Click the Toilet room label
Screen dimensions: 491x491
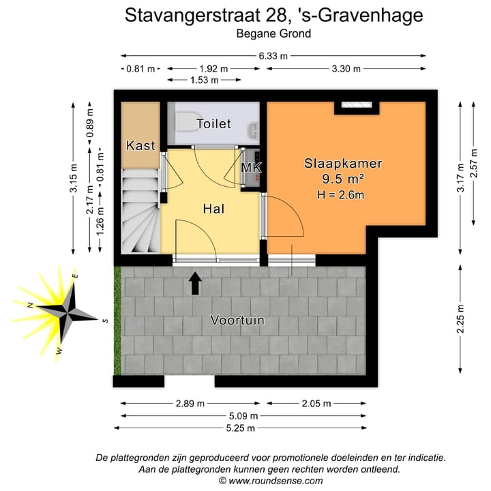214,124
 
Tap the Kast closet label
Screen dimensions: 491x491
140,145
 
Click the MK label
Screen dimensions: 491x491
252,168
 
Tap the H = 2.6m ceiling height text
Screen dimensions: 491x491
340,195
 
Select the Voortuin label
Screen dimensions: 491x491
237,320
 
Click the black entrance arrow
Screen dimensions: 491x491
196,282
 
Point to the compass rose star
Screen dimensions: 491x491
67,313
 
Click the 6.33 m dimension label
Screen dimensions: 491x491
272,56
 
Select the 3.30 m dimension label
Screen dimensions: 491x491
346,69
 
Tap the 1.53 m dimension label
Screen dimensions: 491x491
204,80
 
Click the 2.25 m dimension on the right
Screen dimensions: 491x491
461,322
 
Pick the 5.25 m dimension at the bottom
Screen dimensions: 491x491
241,428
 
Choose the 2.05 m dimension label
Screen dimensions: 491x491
315,403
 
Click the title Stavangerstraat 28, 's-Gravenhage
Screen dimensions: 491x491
273,15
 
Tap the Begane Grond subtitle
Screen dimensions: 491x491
273,33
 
